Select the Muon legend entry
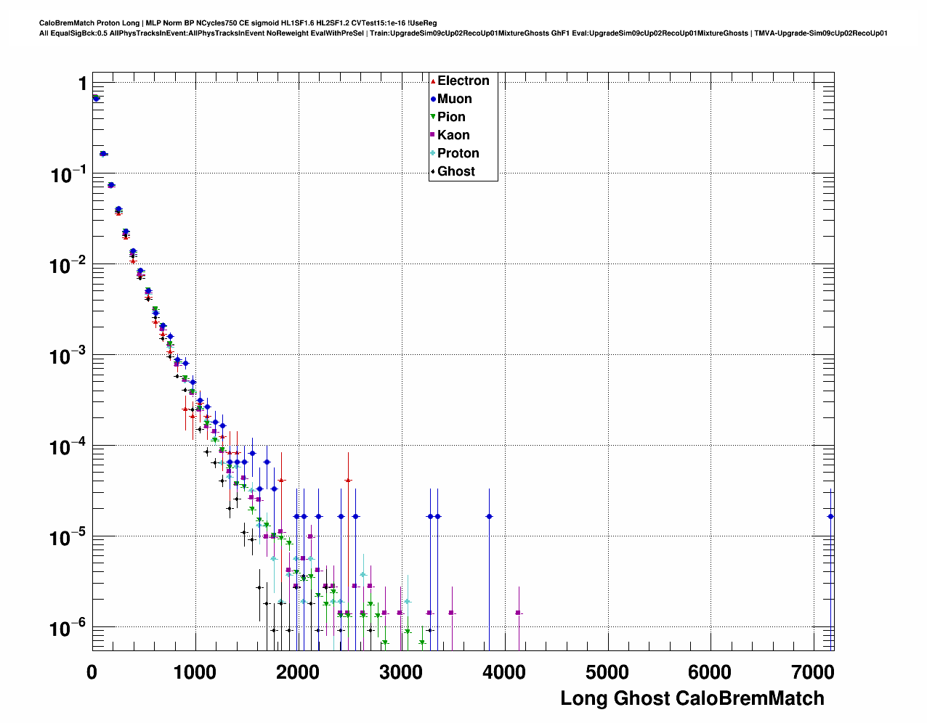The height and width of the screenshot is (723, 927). click(x=454, y=99)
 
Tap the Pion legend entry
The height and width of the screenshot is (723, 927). click(x=450, y=117)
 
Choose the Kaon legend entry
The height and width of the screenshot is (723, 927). click(x=453, y=135)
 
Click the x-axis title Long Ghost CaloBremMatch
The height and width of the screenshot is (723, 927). click(x=692, y=698)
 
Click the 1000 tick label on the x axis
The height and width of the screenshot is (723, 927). click(x=195, y=672)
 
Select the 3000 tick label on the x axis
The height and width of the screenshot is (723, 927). click(x=401, y=672)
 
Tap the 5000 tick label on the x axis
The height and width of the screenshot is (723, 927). click(x=607, y=672)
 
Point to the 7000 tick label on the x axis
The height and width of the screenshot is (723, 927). click(x=812, y=672)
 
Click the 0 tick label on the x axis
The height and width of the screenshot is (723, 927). click(x=92, y=672)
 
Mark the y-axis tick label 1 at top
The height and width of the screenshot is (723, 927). click(x=83, y=83)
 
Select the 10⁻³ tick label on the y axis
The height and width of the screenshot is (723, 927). click(x=68, y=356)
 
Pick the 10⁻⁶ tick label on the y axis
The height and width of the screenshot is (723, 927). click(x=68, y=627)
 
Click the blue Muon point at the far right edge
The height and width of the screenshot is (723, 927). click(x=830, y=516)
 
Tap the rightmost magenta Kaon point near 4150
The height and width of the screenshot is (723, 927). click(x=518, y=613)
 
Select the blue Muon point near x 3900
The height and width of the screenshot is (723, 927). click(x=489, y=516)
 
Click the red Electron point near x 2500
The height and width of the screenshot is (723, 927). click(x=348, y=481)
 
